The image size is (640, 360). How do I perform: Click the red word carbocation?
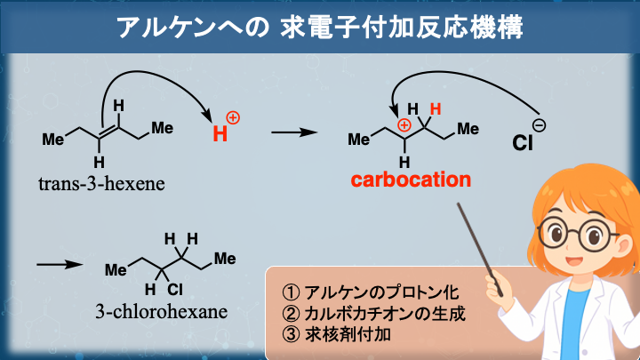(410, 180)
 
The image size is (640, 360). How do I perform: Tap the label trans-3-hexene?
(96, 184)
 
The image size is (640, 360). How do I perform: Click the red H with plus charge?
(223, 131)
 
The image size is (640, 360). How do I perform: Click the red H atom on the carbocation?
(435, 109)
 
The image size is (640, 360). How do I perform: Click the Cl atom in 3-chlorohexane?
(174, 289)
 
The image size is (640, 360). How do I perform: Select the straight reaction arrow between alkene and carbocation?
(293, 132)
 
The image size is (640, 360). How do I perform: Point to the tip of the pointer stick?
(460, 207)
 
